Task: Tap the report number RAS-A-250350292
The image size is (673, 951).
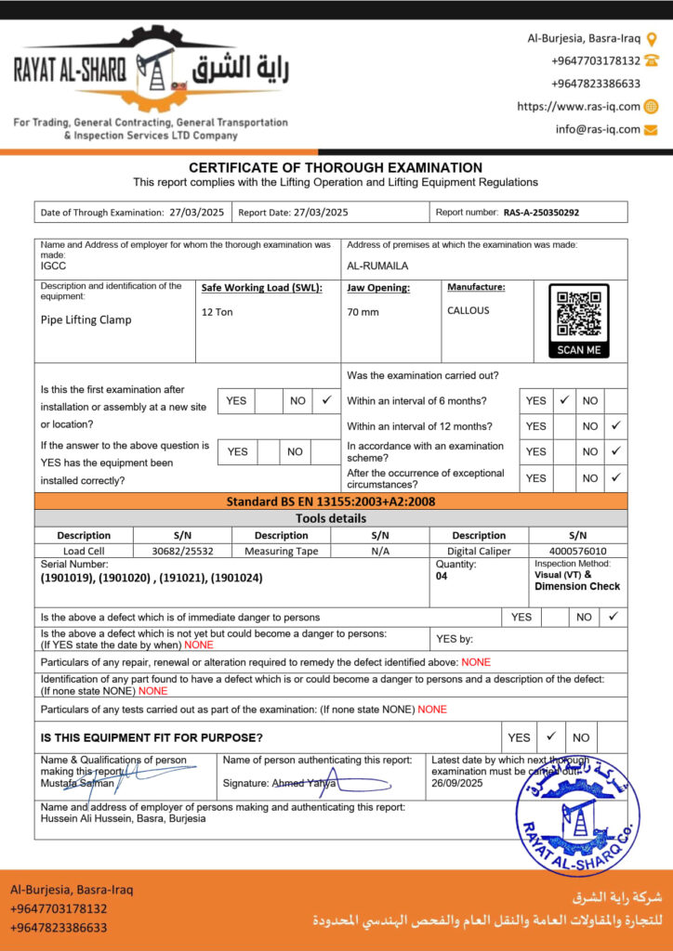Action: [x=541, y=213]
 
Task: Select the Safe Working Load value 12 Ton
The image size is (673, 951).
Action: [x=218, y=312]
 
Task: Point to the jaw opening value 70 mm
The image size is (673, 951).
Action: [x=363, y=312]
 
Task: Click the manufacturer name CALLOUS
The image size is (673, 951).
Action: [x=468, y=311]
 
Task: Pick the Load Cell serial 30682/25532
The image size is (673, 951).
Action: [x=183, y=551]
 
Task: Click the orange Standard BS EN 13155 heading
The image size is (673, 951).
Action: [x=331, y=502]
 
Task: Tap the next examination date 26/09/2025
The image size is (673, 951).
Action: [x=457, y=783]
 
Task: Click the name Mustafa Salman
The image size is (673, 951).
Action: [x=77, y=783]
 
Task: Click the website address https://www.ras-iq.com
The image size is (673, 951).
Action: [x=578, y=107]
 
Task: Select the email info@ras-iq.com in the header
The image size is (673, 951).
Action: [x=598, y=130]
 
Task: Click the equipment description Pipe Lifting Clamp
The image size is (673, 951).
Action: [x=86, y=319]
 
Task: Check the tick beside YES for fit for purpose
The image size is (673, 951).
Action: [x=550, y=736]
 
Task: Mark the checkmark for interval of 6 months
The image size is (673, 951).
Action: [x=564, y=400]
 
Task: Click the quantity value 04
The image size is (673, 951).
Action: [x=442, y=576]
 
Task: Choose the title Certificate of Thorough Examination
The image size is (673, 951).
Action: [x=336, y=168]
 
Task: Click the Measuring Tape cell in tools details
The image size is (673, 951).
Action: [x=281, y=551]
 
